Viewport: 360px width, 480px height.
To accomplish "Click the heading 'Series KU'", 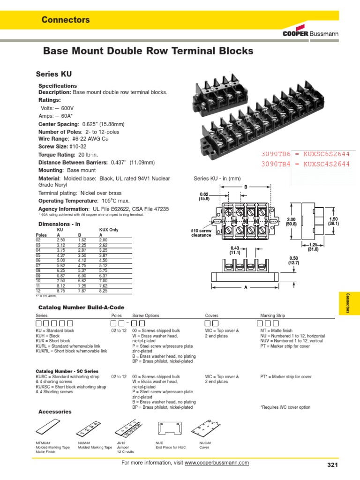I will pyautogui.click(x=54, y=74).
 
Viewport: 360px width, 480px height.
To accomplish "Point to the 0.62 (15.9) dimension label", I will pyautogui.click(x=204, y=195).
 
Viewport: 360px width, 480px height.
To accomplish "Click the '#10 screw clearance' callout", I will pyautogui.click(x=202, y=232).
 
